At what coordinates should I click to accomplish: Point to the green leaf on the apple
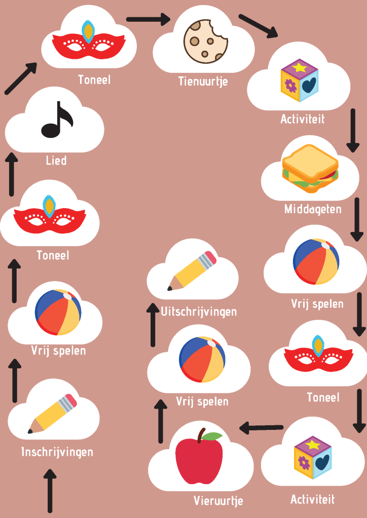click(213, 436)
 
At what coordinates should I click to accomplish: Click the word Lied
click(56, 161)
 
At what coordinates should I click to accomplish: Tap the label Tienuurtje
click(203, 81)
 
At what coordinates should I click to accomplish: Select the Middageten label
click(313, 209)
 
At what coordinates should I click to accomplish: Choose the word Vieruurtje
click(218, 501)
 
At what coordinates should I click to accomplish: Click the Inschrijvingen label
click(57, 452)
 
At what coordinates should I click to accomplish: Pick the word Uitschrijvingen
click(199, 311)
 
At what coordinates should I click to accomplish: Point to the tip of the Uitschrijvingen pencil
click(170, 289)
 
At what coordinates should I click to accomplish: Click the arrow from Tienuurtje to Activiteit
click(259, 26)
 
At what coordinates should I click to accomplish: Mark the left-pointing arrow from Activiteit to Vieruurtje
click(261, 428)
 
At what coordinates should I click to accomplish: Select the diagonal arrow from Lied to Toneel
click(21, 78)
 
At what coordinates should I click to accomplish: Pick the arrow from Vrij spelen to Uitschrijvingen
click(153, 324)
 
